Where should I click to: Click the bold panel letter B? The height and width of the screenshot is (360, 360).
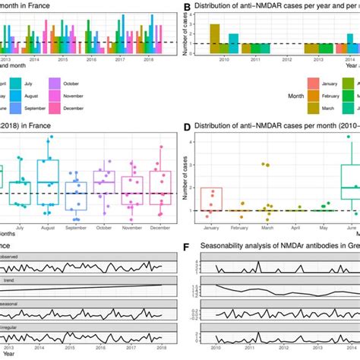tap(187, 6)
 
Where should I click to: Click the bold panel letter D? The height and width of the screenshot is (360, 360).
tap(187, 126)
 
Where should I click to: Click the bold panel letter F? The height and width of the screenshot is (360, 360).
tap(187, 246)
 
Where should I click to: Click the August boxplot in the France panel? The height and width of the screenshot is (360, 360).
tap(47, 182)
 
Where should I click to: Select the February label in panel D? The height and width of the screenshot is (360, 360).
tap(242, 226)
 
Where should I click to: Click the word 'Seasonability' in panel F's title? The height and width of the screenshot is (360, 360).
tap(229, 246)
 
